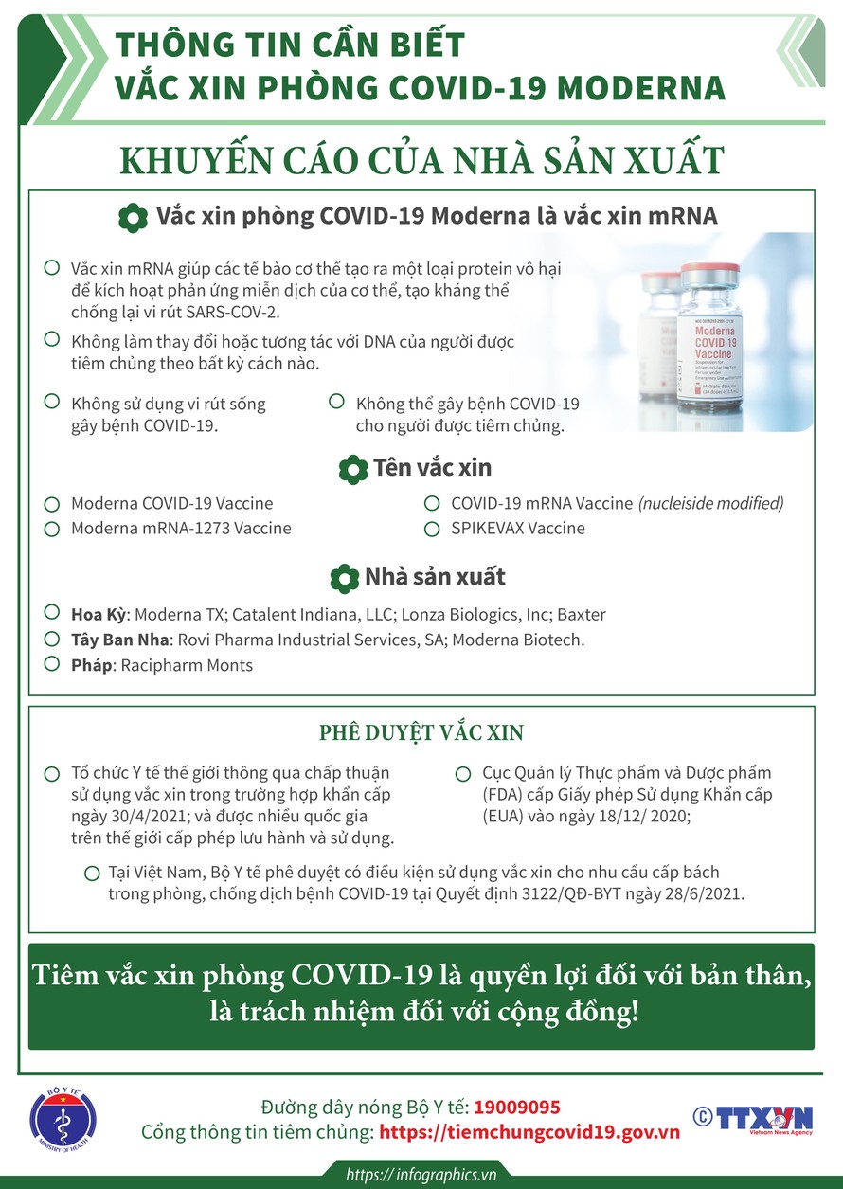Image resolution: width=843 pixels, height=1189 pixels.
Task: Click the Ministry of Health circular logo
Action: (64, 1120)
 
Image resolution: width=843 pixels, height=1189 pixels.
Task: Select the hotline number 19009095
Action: (517, 1107)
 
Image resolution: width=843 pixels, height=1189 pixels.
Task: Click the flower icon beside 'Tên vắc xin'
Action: (352, 468)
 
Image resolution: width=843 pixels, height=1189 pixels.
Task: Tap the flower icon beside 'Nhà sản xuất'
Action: (344, 578)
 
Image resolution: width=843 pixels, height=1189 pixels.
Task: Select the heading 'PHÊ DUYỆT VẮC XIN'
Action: (421, 732)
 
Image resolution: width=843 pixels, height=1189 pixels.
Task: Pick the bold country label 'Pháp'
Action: (91, 665)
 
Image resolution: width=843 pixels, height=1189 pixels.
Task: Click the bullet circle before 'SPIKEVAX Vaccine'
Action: (432, 528)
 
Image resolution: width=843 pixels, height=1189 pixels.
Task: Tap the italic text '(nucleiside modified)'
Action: (710, 503)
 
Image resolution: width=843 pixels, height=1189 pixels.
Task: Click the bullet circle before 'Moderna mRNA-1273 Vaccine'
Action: (53, 528)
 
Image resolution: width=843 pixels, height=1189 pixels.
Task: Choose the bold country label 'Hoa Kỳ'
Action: (99, 615)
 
